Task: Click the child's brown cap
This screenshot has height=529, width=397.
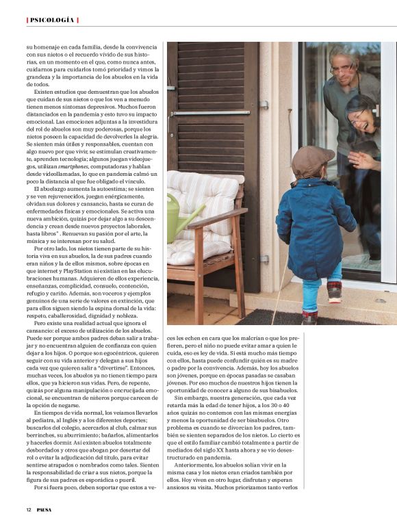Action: (312, 162)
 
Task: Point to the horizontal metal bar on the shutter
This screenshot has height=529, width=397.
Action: (212, 112)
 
